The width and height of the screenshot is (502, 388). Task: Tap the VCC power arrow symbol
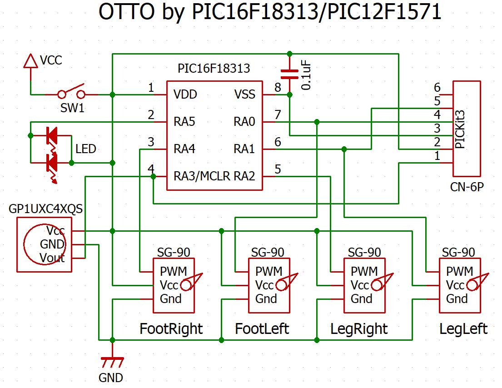pyautogui.click(x=30, y=61)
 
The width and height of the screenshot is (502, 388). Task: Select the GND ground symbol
pyautogui.click(x=112, y=362)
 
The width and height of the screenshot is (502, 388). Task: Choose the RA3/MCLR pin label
pyautogui.click(x=202, y=176)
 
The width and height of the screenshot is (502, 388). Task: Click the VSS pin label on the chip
pyautogui.click(x=245, y=95)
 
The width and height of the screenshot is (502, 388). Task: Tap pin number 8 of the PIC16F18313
pyautogui.click(x=278, y=88)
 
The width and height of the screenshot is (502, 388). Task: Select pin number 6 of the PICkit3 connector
pyautogui.click(x=437, y=88)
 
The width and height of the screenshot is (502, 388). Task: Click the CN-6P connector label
pyautogui.click(x=467, y=186)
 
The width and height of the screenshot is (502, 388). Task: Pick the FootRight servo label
pyautogui.click(x=171, y=328)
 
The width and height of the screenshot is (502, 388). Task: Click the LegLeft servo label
pyautogui.click(x=463, y=328)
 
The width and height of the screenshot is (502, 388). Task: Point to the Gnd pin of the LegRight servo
pyautogui.click(x=362, y=299)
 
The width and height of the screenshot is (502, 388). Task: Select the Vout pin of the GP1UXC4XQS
pyautogui.click(x=52, y=259)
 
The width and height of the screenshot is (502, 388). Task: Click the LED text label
pyautogui.click(x=86, y=149)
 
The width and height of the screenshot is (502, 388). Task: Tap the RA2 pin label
pyautogui.click(x=244, y=176)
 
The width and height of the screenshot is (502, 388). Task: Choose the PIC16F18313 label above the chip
pyautogui.click(x=214, y=69)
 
